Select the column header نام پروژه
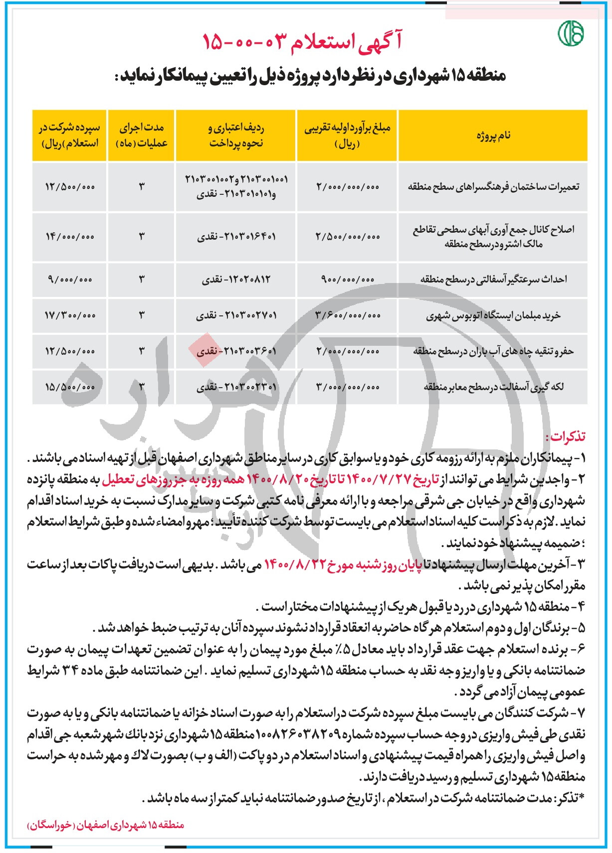click(493, 136)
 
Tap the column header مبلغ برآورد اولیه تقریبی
click(347, 136)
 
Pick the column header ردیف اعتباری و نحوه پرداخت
click(236, 136)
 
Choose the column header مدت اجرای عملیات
click(142, 136)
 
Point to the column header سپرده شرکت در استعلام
click(69, 136)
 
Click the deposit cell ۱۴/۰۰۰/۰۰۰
click(70, 237)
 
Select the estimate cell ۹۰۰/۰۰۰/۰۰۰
click(347, 280)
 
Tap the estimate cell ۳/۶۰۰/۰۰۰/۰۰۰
click(348, 315)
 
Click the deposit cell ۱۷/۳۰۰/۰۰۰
click(70, 315)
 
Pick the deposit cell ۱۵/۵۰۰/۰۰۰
click(70, 387)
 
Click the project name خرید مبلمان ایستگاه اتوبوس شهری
click(493, 315)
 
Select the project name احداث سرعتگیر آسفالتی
click(493, 279)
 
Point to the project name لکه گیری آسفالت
click(493, 387)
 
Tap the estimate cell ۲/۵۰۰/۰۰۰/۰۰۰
click(348, 237)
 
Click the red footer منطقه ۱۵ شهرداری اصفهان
click(105, 825)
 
